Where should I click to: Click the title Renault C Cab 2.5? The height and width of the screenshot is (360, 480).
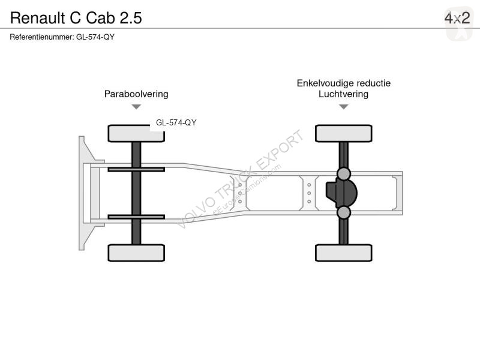click(76, 18)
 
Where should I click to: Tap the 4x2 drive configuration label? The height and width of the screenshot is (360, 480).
click(457, 18)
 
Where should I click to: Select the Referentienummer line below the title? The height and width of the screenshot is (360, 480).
click(62, 37)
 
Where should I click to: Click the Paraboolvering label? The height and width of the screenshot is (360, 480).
click(136, 94)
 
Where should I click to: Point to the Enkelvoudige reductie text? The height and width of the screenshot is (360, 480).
click(343, 83)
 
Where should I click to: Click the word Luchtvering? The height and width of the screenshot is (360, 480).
click(343, 94)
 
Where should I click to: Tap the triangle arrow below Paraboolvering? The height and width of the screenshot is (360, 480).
click(136, 107)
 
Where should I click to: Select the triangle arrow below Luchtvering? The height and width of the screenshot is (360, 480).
click(344, 107)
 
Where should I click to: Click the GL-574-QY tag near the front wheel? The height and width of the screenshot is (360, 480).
click(176, 122)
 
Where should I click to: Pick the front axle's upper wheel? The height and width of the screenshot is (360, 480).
click(136, 133)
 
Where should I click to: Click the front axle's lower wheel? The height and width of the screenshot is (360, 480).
click(136, 253)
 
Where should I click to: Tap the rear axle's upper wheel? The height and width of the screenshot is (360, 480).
click(344, 133)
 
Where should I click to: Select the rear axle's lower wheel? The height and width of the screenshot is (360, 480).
click(344, 253)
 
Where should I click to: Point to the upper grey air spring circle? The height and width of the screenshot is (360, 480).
click(344, 174)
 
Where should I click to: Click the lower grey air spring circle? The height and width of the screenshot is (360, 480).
click(344, 212)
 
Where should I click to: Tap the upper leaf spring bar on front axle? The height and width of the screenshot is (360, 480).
click(136, 169)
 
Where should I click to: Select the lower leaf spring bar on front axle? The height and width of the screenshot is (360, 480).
click(136, 217)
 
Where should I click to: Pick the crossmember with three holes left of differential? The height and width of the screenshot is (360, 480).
click(309, 193)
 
